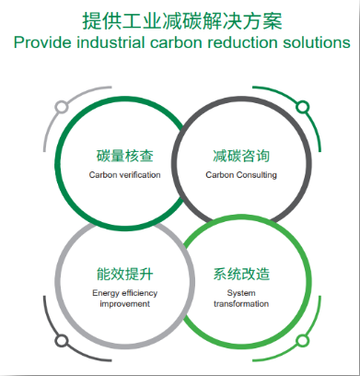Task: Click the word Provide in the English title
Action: [42, 42]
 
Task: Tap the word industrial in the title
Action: [110, 42]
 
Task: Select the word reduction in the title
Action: [242, 42]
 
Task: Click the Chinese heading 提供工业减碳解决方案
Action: [182, 21]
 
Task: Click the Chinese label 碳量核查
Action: [124, 156]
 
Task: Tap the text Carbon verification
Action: [124, 175]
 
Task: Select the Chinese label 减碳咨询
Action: [241, 156]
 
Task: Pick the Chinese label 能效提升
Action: [124, 274]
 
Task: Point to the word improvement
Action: [125, 304]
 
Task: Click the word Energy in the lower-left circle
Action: [106, 293]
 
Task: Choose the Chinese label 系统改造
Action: [241, 274]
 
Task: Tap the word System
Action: [241, 293]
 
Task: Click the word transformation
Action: [241, 304]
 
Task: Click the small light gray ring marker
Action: [62, 107]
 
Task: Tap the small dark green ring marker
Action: [302, 107]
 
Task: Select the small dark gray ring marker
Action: [62, 341]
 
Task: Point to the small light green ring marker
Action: [302, 341]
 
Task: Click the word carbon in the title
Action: [176, 42]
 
